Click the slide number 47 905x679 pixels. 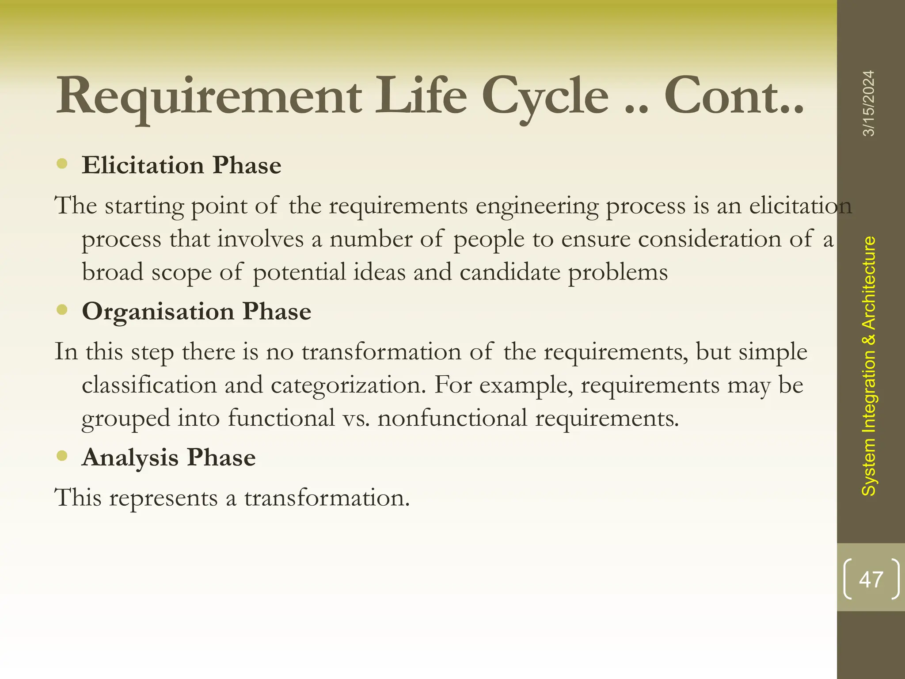click(x=871, y=580)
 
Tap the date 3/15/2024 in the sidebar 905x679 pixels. click(x=869, y=103)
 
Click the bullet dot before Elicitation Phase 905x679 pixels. click(x=62, y=164)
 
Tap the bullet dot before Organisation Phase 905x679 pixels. click(x=62, y=310)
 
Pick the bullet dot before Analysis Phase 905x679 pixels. click(x=62, y=456)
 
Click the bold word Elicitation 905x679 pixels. click(x=143, y=165)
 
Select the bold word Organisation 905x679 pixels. click(x=158, y=311)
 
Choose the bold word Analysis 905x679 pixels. click(x=130, y=457)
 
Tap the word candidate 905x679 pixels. click(x=510, y=272)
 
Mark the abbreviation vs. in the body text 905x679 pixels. click(x=356, y=418)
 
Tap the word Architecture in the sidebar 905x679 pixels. click(x=869, y=283)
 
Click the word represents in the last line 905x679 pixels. click(x=163, y=498)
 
